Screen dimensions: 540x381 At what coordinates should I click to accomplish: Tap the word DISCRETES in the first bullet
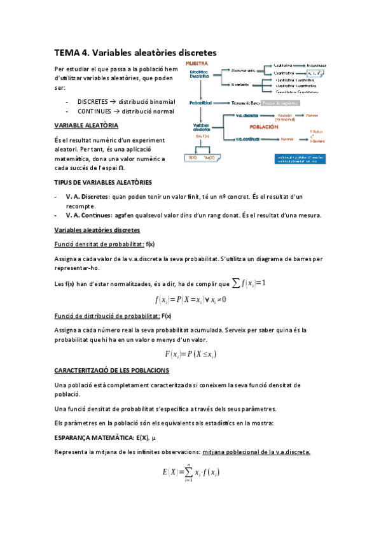tap(93, 101)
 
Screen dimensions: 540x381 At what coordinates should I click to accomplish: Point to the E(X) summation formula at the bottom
tap(191, 472)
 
